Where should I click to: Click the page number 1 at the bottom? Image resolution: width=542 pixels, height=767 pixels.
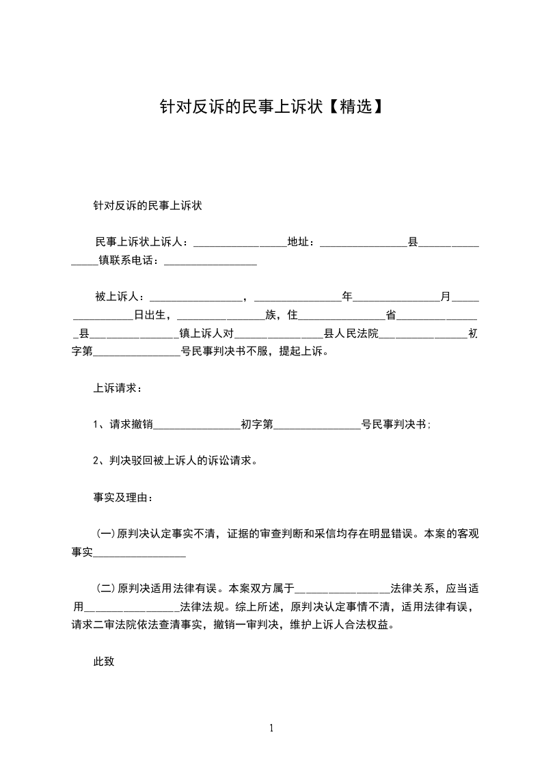pos(271,728)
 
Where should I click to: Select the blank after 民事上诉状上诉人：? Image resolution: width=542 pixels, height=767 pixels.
pos(240,243)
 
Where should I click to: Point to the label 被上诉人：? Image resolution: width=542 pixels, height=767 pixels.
pos(120,297)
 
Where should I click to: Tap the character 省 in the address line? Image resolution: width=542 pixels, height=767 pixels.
pos(392,315)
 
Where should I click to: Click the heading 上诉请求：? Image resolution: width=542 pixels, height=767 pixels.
pos(118,388)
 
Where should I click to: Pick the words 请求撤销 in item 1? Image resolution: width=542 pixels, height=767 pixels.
pos(131,425)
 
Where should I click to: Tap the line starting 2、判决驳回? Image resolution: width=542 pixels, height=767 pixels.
pos(175,461)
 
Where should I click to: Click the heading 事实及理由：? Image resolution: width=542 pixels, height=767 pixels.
pos(123,497)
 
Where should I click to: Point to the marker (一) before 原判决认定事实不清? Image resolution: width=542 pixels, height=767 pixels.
pos(105,533)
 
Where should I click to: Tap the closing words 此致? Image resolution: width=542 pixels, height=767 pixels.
pos(103,661)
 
